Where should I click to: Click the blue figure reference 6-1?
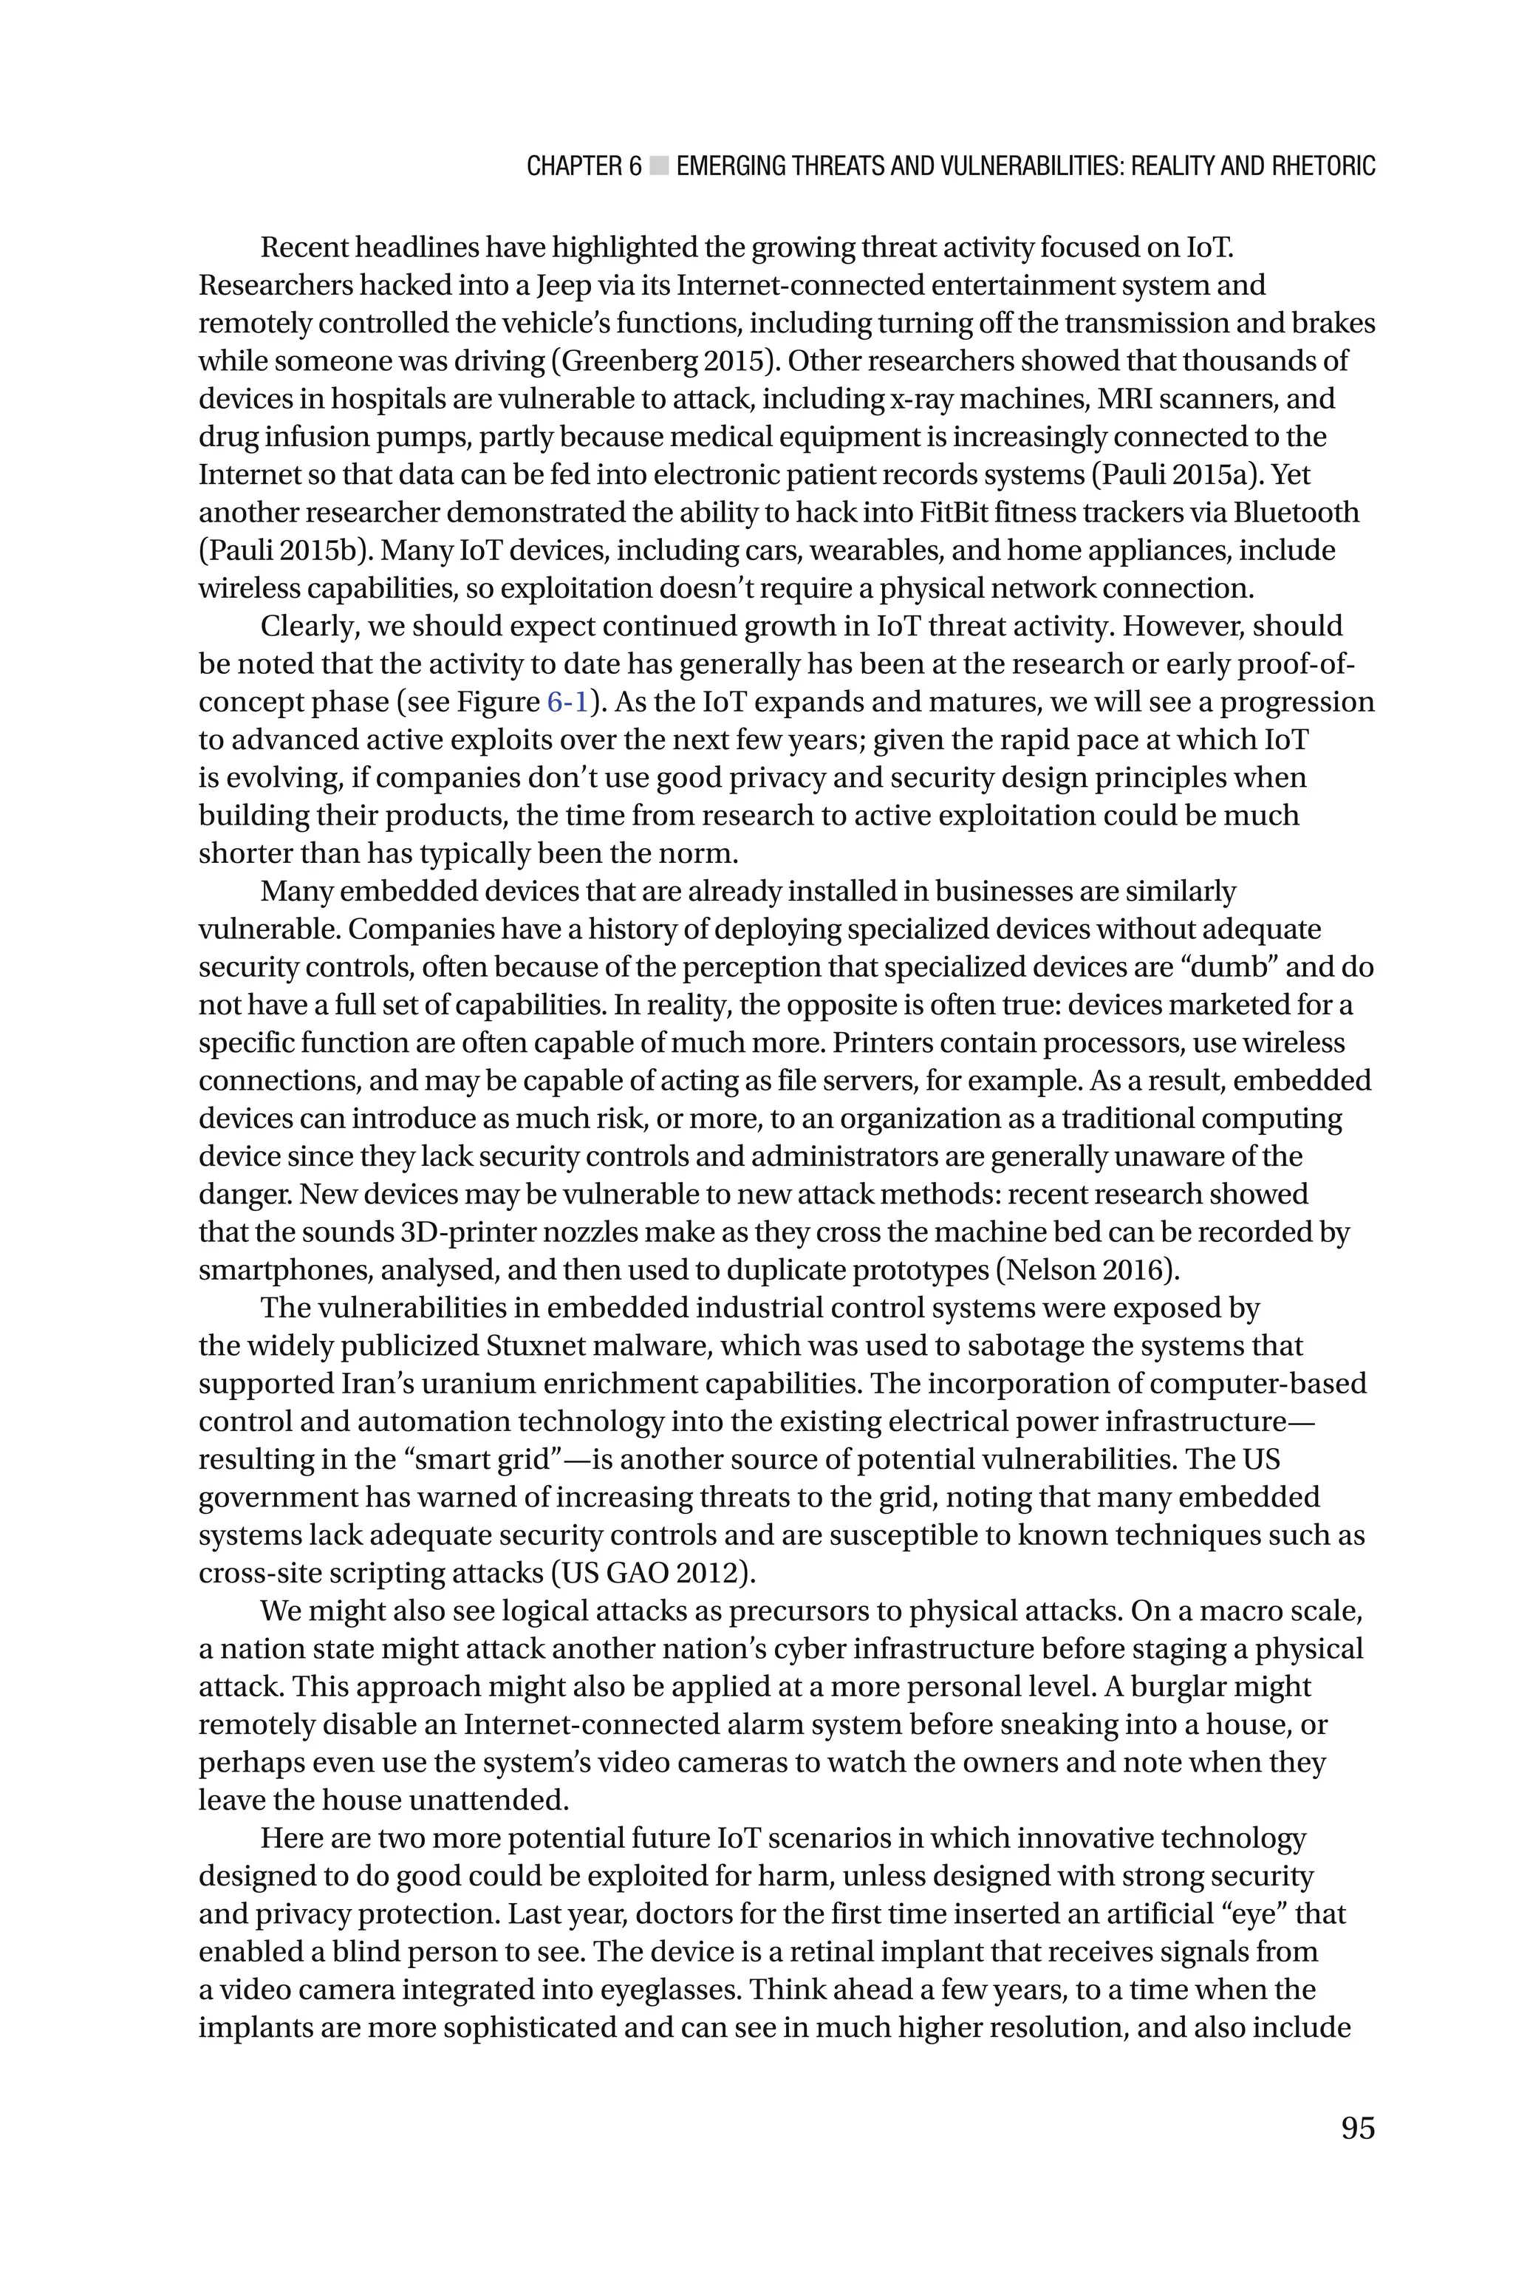point(567,703)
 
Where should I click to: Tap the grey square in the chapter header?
point(659,166)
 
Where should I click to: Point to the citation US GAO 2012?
point(652,1574)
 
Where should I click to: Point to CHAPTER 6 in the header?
point(583,166)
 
